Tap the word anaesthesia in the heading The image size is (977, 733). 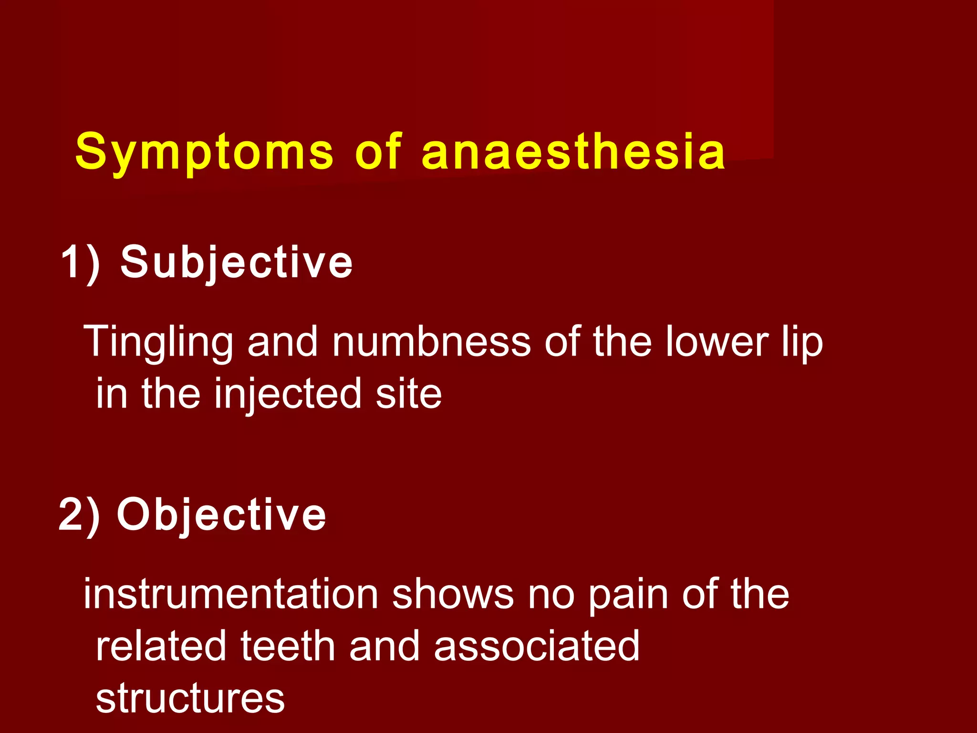(573, 152)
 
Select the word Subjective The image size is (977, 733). (236, 262)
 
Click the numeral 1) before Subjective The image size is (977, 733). (80, 262)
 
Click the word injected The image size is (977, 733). (288, 394)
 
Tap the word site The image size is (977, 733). (408, 394)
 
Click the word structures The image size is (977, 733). (190, 699)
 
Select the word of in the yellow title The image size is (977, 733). (378, 152)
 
